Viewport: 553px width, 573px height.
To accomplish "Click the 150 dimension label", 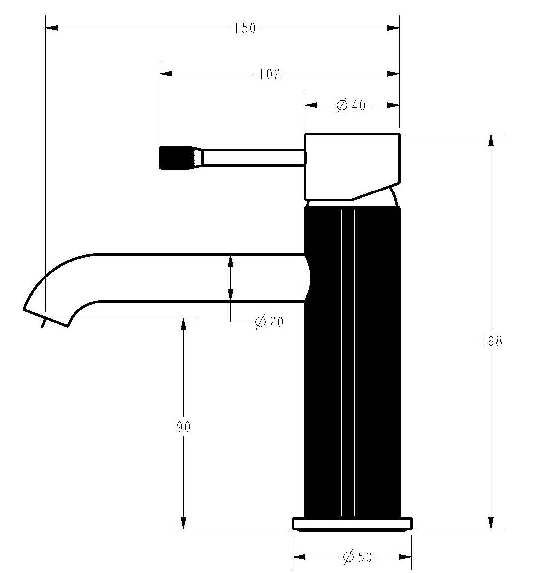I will pyautogui.click(x=245, y=28).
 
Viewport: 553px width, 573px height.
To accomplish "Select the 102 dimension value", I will pyautogui.click(x=270, y=74).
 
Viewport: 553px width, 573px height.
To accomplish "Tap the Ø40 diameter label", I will pyautogui.click(x=351, y=105).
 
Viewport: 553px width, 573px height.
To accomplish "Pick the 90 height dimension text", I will pyautogui.click(x=183, y=427).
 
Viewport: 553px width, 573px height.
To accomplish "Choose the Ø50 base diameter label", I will pyautogui.click(x=358, y=557).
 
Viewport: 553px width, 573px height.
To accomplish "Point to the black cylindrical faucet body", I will pyautogui.click(x=352, y=359).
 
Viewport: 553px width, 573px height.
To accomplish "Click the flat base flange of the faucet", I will pyautogui.click(x=352, y=524).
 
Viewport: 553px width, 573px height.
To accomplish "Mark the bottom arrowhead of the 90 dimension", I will pyautogui.click(x=183, y=523).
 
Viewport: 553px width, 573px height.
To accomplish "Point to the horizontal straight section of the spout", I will pyautogui.click(x=200, y=278).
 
